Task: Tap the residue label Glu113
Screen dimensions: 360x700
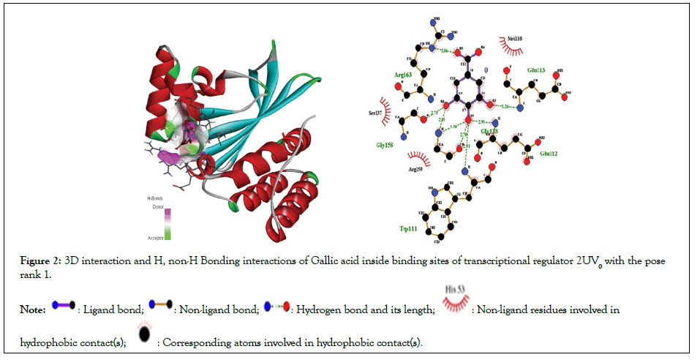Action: [x=537, y=70]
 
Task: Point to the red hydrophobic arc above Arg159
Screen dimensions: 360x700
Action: [x=418, y=157]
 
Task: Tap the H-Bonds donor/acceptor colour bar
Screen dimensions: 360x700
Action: [x=168, y=223]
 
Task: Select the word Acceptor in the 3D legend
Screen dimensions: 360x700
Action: [x=156, y=238]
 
